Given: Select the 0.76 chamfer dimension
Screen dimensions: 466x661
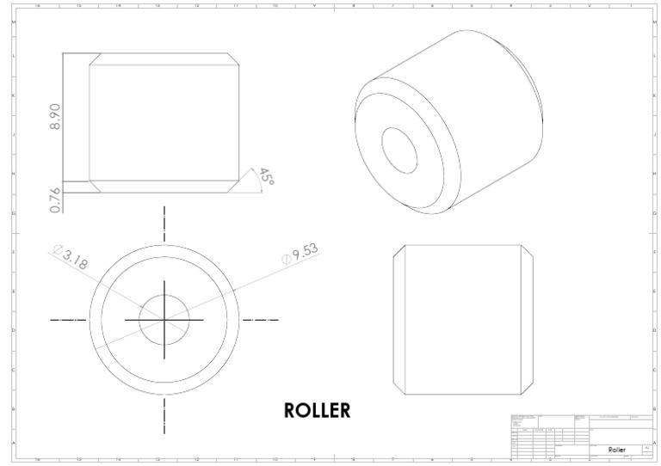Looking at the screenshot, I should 55,199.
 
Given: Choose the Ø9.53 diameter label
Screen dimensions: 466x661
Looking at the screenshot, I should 300,254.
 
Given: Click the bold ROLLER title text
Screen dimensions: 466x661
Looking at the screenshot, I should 317,410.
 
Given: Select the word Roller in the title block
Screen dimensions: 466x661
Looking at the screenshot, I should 616,449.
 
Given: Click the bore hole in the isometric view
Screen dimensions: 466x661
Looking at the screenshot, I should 398,150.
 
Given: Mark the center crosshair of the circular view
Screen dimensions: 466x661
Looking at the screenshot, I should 164,319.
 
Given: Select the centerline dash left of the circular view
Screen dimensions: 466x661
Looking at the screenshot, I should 68,319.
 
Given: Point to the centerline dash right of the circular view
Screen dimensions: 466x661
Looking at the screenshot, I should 260,319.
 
